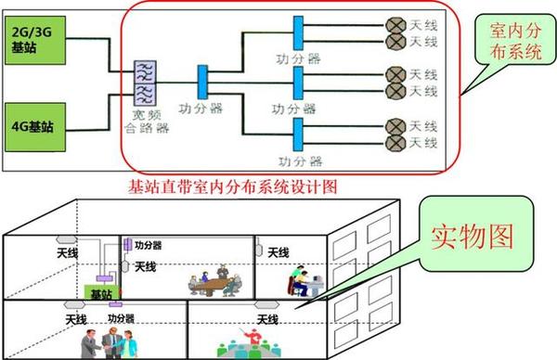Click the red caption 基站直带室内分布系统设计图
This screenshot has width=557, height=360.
point(232,186)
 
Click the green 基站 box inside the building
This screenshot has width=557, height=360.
point(100,292)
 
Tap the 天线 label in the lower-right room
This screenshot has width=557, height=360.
point(268,321)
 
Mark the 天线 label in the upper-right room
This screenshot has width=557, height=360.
point(279,252)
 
